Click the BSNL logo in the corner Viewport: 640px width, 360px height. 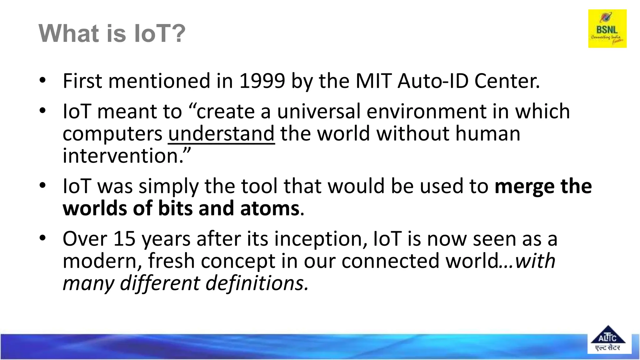tap(607, 29)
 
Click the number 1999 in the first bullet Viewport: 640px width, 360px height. tap(262, 81)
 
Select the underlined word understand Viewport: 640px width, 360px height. tap(221, 134)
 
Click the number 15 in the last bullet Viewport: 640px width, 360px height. tap(124, 239)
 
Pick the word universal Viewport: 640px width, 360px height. tap(318, 111)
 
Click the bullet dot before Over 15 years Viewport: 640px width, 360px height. tap(43, 238)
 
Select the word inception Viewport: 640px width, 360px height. tap(318, 239)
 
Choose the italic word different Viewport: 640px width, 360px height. tap(160, 283)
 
